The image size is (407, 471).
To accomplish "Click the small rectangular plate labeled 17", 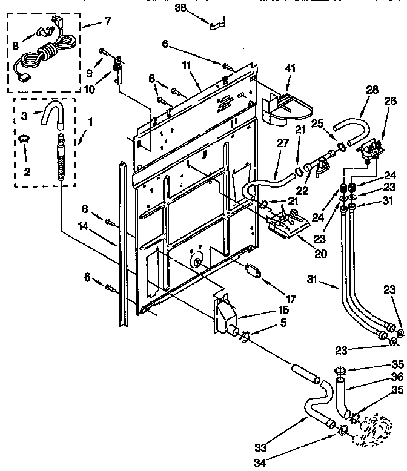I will point(253,270).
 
